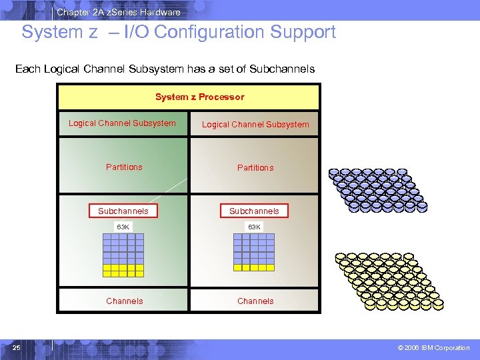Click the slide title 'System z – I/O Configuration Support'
(x=179, y=32)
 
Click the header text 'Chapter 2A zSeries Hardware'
(x=118, y=12)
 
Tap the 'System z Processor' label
(x=199, y=97)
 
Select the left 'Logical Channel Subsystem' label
(x=122, y=123)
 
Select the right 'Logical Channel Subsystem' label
(x=255, y=125)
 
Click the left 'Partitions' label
(x=124, y=167)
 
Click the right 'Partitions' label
(x=255, y=168)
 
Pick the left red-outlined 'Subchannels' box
(x=123, y=211)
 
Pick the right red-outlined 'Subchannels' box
(x=254, y=211)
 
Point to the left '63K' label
(x=123, y=227)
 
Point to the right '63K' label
(x=255, y=227)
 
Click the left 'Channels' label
(x=125, y=301)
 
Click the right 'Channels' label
(x=255, y=301)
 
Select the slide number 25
(x=17, y=347)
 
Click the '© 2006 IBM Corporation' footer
(x=433, y=348)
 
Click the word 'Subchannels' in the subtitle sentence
(x=281, y=69)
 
